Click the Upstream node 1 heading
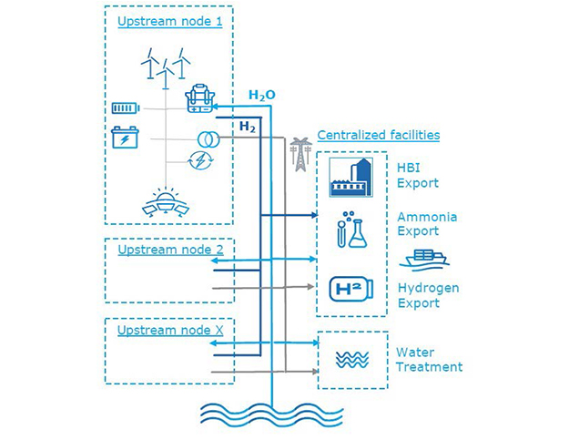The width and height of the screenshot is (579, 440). [169, 21]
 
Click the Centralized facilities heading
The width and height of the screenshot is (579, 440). [378, 135]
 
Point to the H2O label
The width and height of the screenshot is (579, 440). [262, 95]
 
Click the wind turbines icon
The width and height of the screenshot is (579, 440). [166, 66]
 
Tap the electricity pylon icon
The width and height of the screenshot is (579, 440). [298, 155]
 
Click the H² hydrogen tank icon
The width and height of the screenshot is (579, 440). [350, 291]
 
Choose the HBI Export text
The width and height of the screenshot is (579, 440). [417, 176]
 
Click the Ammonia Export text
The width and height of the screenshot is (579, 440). [426, 225]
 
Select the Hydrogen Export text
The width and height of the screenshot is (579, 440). [428, 295]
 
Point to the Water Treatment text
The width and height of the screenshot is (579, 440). [429, 360]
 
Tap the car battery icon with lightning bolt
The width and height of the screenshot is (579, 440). [124, 138]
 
